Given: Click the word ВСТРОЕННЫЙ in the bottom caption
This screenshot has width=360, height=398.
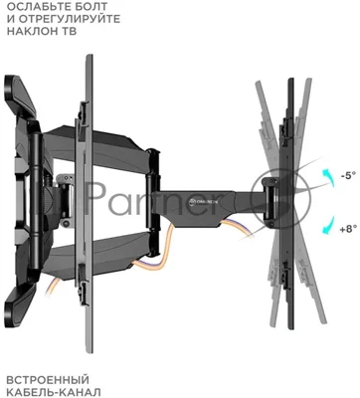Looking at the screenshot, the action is point(48,380).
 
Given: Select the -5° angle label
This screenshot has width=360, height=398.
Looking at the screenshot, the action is point(347,175).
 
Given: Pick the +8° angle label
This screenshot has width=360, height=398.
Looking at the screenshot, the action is point(348,228).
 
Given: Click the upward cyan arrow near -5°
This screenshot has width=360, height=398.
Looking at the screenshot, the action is point(328,178).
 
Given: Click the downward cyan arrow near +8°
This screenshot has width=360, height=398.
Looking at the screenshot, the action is point(328,226).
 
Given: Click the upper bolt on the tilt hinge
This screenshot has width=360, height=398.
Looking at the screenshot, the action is point(271,182).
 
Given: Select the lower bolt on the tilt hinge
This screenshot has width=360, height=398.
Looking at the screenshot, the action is point(271,226).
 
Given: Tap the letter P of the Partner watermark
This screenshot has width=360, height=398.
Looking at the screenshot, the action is point(93,197).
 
